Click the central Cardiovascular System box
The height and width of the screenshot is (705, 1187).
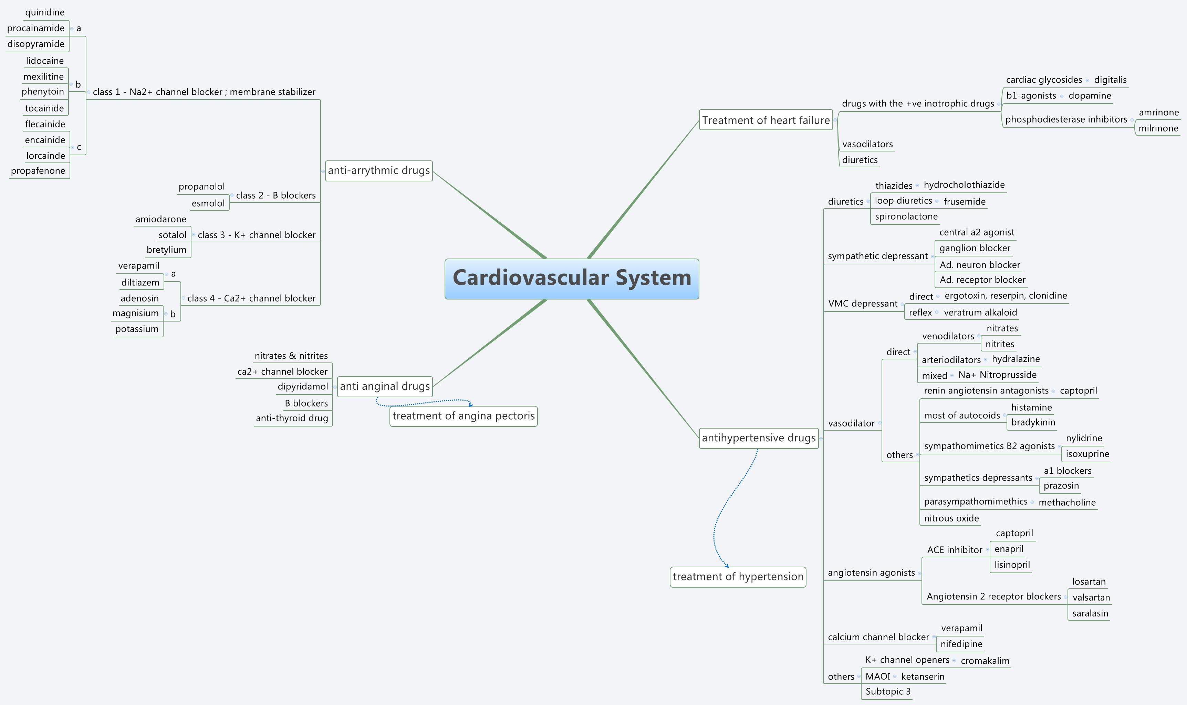[x=572, y=279]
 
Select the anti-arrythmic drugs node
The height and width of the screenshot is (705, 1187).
[x=379, y=170]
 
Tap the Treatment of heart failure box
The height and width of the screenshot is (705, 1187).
[x=766, y=120]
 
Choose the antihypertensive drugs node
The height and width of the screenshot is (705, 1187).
[x=758, y=438]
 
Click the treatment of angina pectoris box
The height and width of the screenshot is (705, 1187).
[x=463, y=416]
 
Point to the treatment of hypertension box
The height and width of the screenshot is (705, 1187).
[x=738, y=577]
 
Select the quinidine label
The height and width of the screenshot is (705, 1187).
[x=45, y=12]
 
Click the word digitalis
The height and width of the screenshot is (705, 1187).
[x=1110, y=80]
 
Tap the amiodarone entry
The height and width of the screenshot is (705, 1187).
[x=160, y=219]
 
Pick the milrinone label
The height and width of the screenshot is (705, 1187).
[x=1158, y=128]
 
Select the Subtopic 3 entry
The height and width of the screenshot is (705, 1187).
[x=888, y=691]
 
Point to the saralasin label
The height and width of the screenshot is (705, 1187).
[x=1090, y=613]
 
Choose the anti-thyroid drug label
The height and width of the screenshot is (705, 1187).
[x=292, y=418]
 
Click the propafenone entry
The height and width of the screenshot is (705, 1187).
[x=38, y=170]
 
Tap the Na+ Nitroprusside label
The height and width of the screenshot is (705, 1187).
[x=997, y=375]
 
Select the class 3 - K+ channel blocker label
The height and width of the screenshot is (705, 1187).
[x=256, y=235]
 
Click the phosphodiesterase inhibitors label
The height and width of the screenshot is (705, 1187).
[x=1066, y=119]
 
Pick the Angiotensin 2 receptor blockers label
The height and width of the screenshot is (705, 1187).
[x=993, y=597]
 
